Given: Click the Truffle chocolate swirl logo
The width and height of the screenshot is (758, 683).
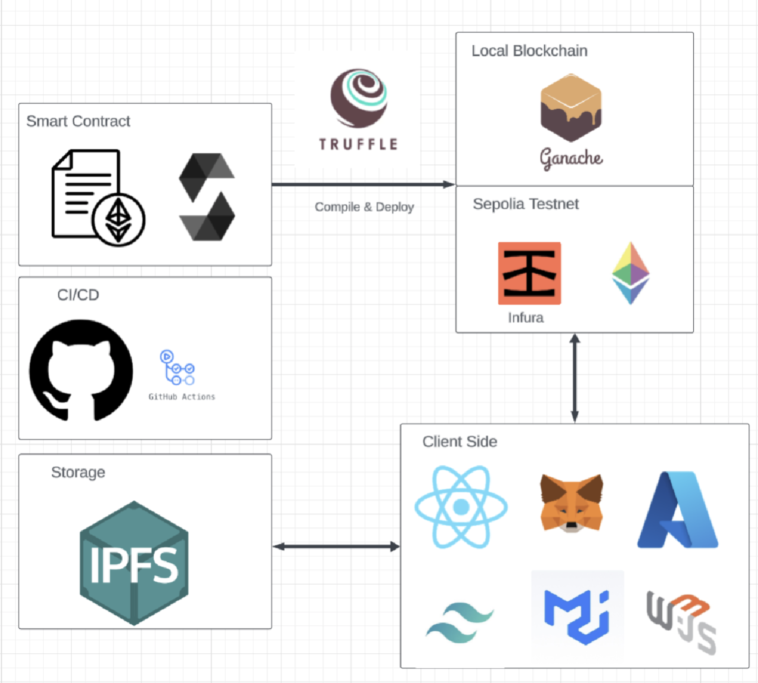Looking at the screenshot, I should click(359, 98).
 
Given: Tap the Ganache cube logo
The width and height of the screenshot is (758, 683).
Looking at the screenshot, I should click(571, 108).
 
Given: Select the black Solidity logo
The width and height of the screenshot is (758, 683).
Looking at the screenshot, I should click(207, 197).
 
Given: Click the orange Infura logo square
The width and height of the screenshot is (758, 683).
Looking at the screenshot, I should click(529, 273).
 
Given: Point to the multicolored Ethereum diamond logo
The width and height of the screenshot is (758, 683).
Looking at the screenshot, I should click(631, 273).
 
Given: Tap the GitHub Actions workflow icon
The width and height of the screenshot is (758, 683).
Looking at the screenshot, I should click(177, 368).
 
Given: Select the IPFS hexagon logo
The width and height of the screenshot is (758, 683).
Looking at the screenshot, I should click(134, 563).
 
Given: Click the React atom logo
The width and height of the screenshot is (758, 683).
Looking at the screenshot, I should click(461, 507).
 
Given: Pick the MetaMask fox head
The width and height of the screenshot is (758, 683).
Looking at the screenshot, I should click(571, 503).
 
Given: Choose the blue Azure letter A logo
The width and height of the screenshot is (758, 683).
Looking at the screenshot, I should click(678, 510).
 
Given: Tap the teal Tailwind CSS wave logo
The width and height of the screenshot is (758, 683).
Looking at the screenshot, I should click(460, 622).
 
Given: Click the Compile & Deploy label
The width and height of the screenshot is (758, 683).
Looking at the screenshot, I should click(365, 207).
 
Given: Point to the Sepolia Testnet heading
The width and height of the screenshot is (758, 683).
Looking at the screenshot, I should click(525, 204).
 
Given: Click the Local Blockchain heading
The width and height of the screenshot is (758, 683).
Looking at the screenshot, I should click(529, 51).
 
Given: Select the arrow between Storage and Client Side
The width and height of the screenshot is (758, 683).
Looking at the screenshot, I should click(336, 546).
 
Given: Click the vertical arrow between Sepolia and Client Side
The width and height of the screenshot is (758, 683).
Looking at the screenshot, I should click(575, 378).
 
